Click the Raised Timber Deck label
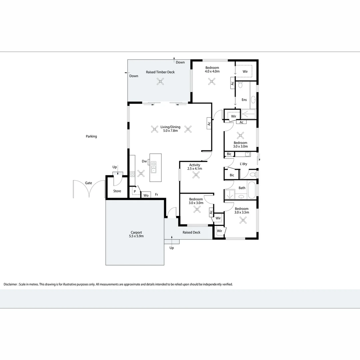pyautogui.click(x=160, y=72)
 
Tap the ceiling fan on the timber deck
pyautogui.click(x=160, y=82)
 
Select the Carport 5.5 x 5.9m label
pyautogui.click(x=136, y=234)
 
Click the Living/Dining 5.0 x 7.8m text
pyautogui.click(x=170, y=129)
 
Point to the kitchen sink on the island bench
pyautogui.click(x=154, y=167)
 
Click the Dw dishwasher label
pyautogui.click(x=144, y=161)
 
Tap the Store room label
pyautogui.click(x=117, y=191)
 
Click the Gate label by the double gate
pyautogui.click(x=88, y=183)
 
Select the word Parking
pyautogui.click(x=91, y=136)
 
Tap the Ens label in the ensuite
pyautogui.click(x=244, y=100)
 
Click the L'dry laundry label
pyautogui.click(x=243, y=164)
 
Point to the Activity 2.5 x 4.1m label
pyautogui.click(x=195, y=167)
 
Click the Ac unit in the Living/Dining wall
pyautogui.click(x=209, y=123)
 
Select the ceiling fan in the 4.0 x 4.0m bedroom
pyautogui.click(x=211, y=81)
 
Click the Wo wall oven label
pyautogui.click(x=146, y=195)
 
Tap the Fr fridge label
pyautogui.click(x=156, y=194)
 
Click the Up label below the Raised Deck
pyautogui.click(x=172, y=248)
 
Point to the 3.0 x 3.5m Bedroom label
pyautogui.click(x=242, y=210)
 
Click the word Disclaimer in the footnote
pyautogui.click(x=11, y=284)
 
